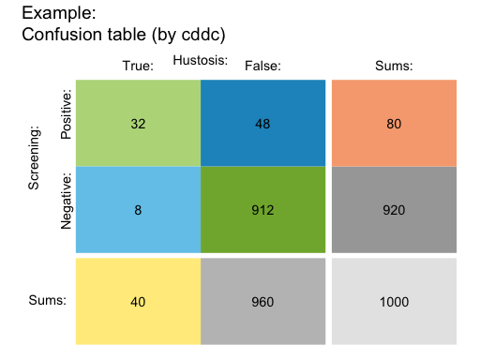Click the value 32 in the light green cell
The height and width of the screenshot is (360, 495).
click(138, 124)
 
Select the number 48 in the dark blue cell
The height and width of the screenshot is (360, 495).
click(262, 124)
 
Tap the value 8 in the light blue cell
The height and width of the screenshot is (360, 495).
click(138, 210)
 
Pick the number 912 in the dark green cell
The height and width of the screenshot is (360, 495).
click(262, 210)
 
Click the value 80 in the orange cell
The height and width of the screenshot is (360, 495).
click(394, 124)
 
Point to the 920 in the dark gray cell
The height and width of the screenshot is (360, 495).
click(394, 210)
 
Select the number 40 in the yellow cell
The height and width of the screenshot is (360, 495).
click(138, 302)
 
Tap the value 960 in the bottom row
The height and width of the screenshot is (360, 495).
click(262, 302)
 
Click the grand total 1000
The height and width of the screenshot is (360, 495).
click(394, 302)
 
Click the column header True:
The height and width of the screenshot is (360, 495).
click(138, 66)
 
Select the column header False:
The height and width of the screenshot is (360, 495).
click(262, 66)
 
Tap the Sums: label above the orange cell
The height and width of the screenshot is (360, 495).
click(394, 66)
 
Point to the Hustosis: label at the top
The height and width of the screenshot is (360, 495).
click(201, 60)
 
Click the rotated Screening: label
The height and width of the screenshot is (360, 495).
click(34, 158)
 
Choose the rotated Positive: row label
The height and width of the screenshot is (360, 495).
click(66, 116)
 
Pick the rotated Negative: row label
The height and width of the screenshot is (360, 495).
click(66, 201)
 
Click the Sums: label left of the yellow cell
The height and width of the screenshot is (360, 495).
click(47, 301)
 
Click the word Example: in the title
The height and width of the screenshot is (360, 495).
click(57, 14)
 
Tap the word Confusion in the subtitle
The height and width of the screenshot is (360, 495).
click(60, 35)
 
